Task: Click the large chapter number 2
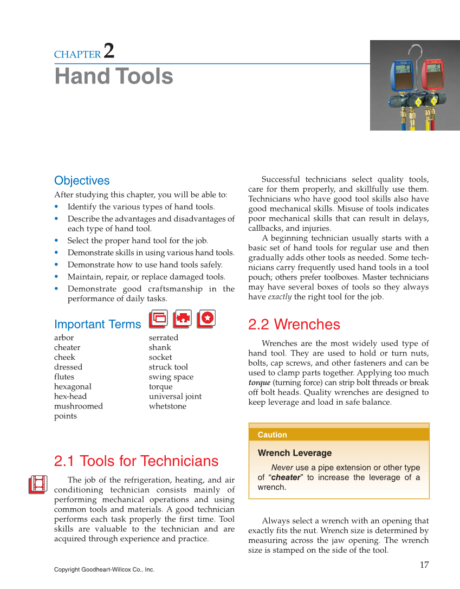[108, 51]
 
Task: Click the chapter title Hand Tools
[114, 76]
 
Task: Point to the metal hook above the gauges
[416, 51]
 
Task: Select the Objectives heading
[82, 181]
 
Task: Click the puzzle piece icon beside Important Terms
[182, 319]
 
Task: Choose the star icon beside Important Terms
[206, 319]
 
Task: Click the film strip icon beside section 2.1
[38, 484]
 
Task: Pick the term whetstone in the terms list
[167, 406]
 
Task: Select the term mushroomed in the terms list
[79, 406]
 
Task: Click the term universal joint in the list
[175, 397]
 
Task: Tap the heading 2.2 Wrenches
[294, 325]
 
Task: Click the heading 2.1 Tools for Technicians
[136, 461]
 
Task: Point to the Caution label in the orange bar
[272, 435]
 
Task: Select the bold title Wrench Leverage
[294, 453]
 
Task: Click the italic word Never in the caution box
[282, 468]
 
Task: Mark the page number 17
[424, 565]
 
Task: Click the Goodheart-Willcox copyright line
[104, 569]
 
